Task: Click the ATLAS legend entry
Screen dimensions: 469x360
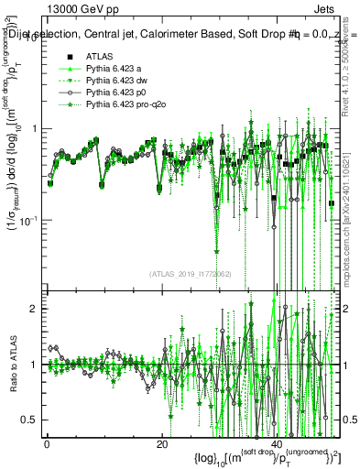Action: (x=97, y=56)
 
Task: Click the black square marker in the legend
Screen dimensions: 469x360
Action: (x=70, y=56)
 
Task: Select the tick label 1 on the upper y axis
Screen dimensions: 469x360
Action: (x=36, y=128)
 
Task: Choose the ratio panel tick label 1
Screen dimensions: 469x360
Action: (x=36, y=365)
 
